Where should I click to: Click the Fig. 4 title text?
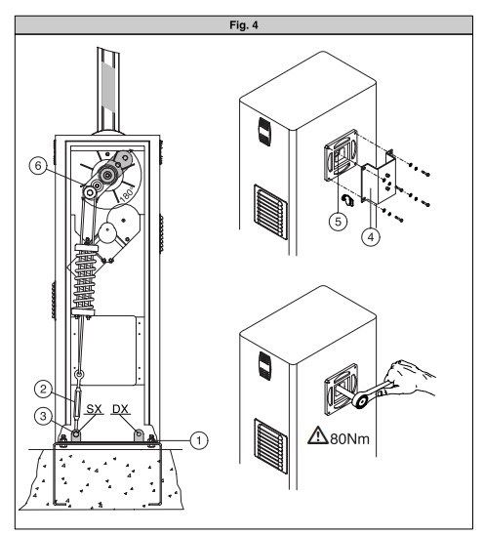244,25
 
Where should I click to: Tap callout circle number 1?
199,440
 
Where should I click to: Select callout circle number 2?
43,389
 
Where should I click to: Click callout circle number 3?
43,417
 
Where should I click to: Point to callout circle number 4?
371,236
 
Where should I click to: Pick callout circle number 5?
338,222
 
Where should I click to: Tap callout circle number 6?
38,166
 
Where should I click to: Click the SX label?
94,409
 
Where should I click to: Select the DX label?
120,409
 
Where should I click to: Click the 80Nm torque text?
350,438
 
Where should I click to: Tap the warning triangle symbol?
318,435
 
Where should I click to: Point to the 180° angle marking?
127,193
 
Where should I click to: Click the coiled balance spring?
84,279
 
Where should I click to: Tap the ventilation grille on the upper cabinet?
271,212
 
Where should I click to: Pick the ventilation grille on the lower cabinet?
271,446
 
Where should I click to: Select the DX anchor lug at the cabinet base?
139,435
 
